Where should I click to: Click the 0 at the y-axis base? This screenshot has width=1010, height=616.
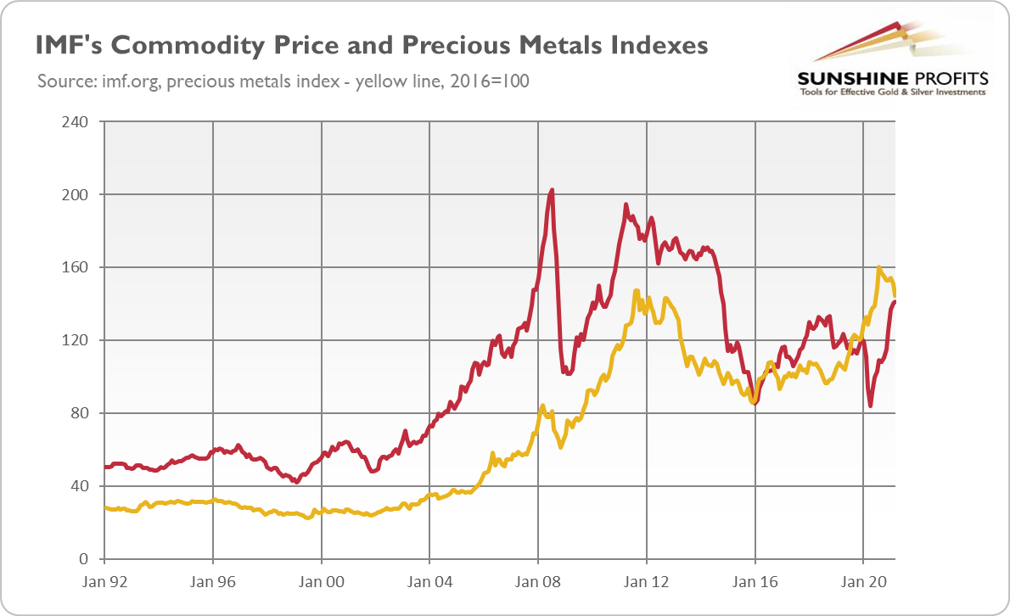(85, 559)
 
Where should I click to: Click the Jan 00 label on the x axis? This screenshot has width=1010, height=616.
(322, 584)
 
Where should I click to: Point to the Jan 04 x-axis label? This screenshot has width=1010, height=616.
(429, 584)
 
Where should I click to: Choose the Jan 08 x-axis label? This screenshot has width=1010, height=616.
(538, 584)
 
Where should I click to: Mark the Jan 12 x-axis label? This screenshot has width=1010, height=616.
(647, 584)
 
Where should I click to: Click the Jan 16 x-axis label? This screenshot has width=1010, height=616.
(755, 584)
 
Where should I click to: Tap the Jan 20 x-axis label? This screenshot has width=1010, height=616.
(863, 584)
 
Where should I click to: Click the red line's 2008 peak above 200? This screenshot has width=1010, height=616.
(553, 190)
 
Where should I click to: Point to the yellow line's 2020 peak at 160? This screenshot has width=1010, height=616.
(879, 267)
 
